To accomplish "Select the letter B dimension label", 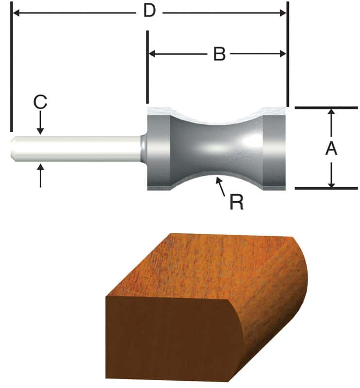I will click(x=219, y=54).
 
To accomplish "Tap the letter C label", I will click(x=40, y=102).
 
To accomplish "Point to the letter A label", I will click(x=331, y=148).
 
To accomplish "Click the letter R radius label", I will click(x=236, y=202).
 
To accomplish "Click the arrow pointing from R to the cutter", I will click(x=221, y=186).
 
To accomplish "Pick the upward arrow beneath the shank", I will click(x=40, y=175).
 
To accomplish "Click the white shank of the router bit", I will click(x=78, y=148).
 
